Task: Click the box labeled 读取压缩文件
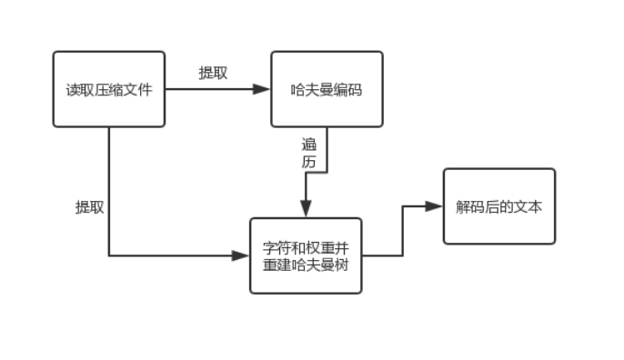109,89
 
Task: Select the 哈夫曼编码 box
327,89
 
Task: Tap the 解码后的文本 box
498,206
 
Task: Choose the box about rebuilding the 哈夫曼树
306,255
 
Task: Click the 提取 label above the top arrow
213,74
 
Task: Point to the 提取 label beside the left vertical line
89,206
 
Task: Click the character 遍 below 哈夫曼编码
309,145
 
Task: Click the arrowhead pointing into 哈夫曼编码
262,89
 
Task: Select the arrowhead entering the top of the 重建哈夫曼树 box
307,208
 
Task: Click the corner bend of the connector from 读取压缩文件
109,255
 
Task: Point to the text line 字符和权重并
306,247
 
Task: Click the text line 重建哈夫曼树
306,265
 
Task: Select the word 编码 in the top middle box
348,89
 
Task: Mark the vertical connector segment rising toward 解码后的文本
403,231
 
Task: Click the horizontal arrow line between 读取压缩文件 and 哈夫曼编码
214,89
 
